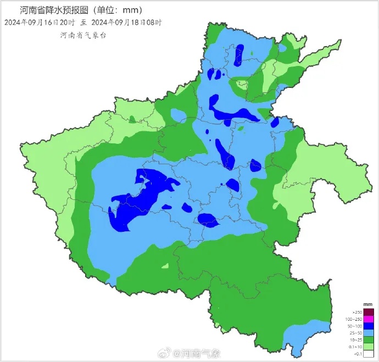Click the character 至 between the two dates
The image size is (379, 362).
point(83,23)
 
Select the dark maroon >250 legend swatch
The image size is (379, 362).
point(369,312)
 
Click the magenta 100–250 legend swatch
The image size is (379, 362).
point(369,319)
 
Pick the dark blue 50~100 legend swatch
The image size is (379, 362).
point(369,326)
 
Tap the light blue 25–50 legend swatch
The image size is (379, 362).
point(369,333)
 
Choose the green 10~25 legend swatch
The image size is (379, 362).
point(369,341)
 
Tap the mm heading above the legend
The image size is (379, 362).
point(368,304)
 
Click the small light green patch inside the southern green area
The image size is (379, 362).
point(165,266)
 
